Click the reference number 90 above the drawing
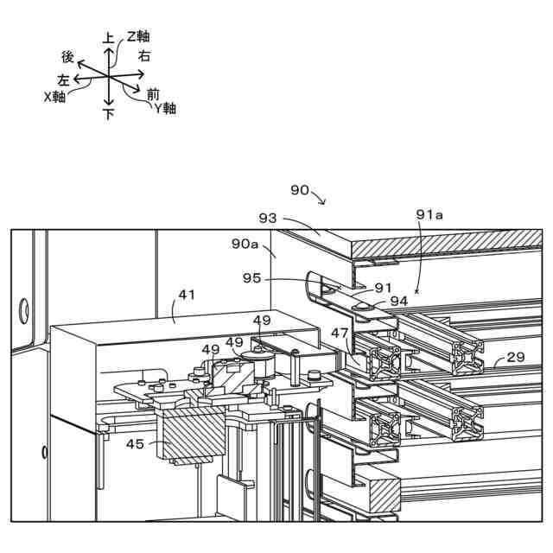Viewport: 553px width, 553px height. pos(300,190)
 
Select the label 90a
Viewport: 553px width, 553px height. pos(245,245)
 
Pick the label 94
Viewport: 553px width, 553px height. pos(398,301)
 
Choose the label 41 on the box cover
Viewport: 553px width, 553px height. pos(187,294)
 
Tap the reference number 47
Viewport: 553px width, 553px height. pos(340,332)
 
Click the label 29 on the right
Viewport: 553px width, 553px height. pos(515,356)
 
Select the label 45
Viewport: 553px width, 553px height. pos(137,445)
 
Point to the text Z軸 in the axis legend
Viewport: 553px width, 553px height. pos(138,36)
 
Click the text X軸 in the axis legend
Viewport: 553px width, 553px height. pos(54,97)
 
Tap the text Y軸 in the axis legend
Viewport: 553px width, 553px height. pos(165,109)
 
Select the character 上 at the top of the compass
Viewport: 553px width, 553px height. pos(108,38)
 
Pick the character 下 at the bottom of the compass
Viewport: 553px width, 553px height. pos(109,114)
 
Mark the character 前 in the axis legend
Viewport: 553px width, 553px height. pos(153,93)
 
